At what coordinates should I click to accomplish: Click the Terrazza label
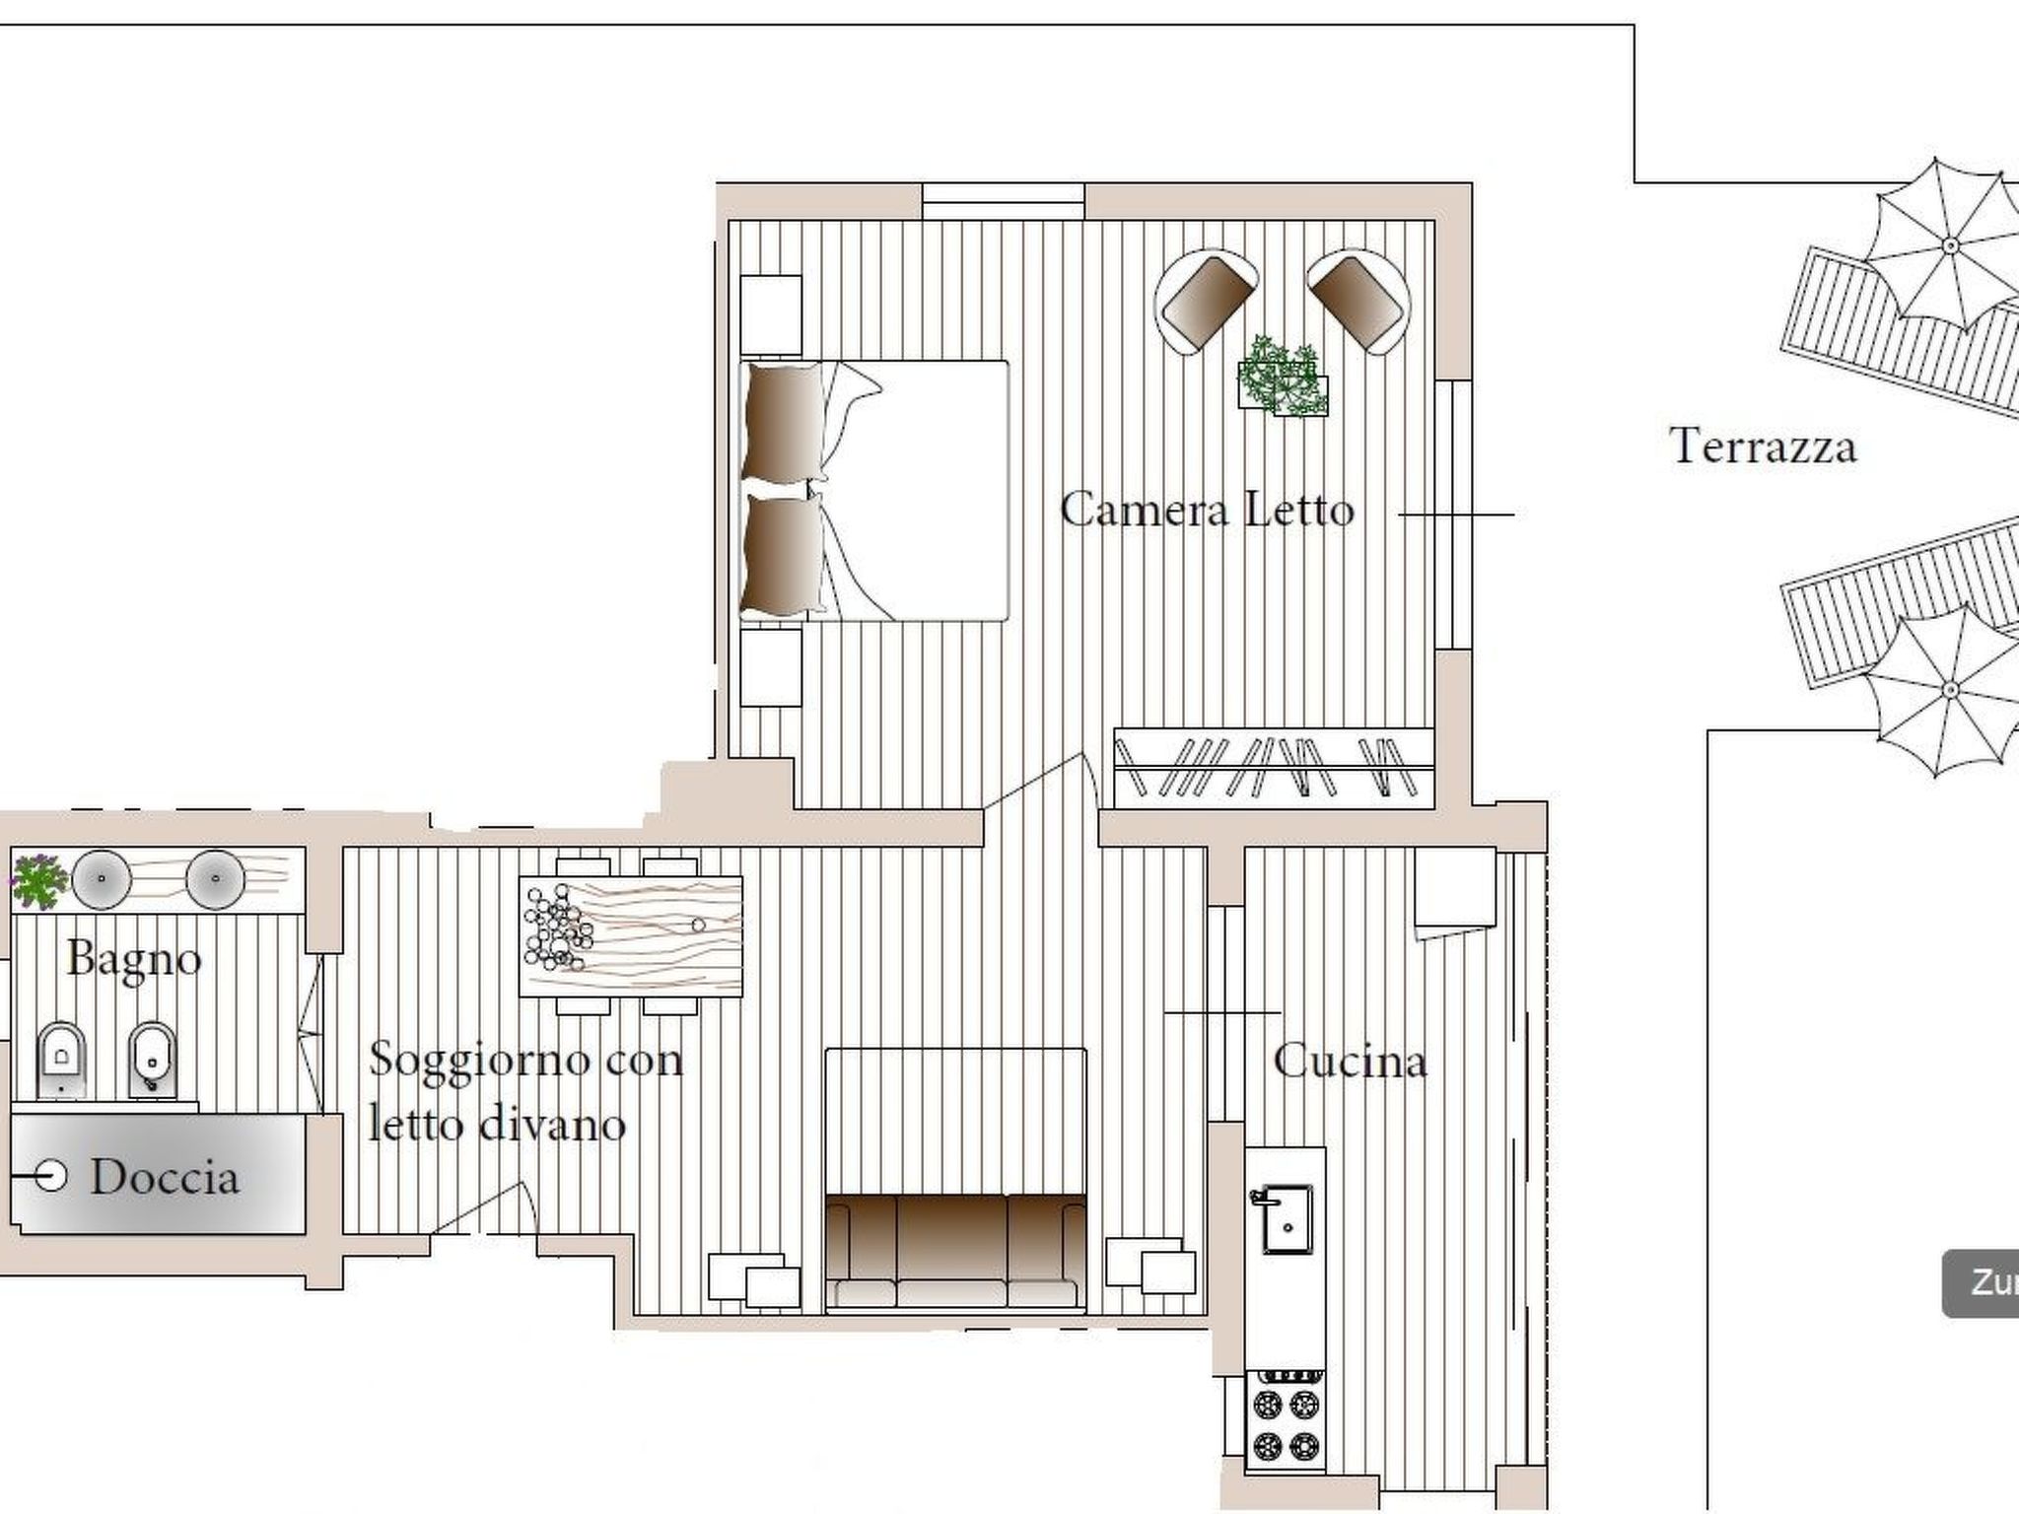point(1763,447)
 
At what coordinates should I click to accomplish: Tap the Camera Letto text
point(1207,511)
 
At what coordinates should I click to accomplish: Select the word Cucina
point(1350,1062)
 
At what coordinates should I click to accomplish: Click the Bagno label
point(135,959)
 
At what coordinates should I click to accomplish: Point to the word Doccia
point(165,1178)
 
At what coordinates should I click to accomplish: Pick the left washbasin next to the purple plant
point(102,878)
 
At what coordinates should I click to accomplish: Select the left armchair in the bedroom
point(1207,299)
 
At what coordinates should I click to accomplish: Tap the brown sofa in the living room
point(954,1250)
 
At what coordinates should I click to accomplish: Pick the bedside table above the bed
point(770,313)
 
